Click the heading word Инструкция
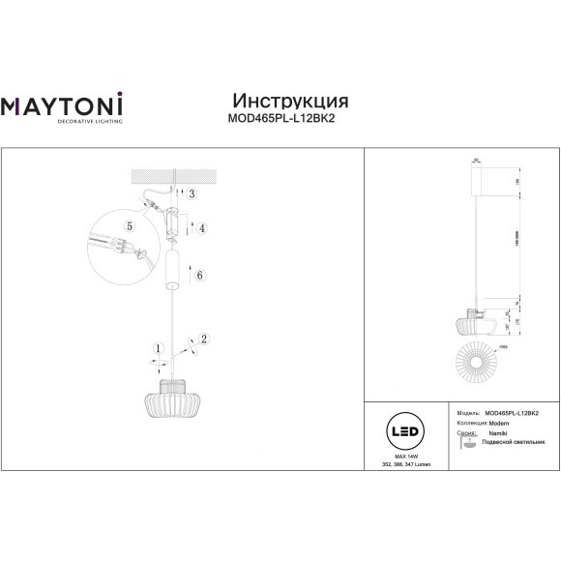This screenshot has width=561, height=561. (291, 102)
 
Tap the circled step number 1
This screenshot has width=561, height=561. (156, 349)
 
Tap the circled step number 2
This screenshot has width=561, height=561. (204, 339)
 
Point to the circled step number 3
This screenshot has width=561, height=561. (192, 194)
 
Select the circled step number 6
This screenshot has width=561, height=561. (200, 276)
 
